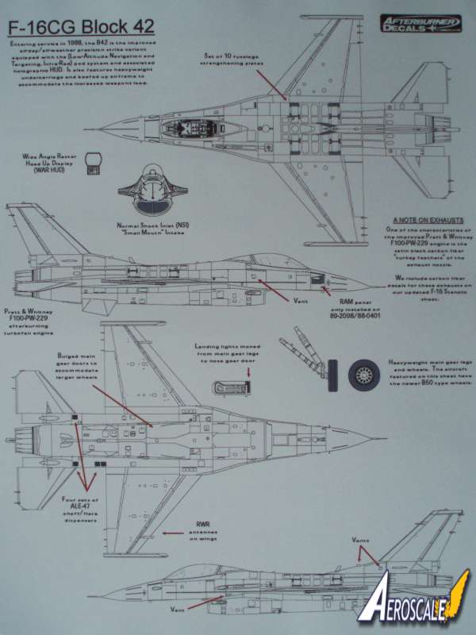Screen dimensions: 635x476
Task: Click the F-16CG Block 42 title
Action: pos(81,26)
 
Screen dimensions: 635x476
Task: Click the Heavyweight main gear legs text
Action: pos(428,372)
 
